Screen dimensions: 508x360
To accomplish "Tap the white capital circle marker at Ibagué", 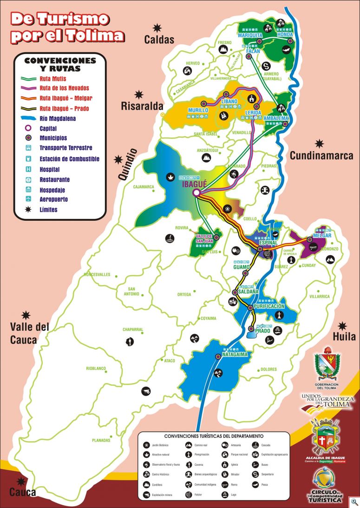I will click(x=196, y=192).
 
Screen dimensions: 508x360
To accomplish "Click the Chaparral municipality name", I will click(x=132, y=330).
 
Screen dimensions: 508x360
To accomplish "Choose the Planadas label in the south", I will click(x=101, y=440).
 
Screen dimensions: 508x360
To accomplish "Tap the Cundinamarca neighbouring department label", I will click(x=321, y=156).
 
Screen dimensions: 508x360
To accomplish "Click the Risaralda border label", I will click(x=140, y=106).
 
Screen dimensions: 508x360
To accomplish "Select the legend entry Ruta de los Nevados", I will click(x=64, y=88).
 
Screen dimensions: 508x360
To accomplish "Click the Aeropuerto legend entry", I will click(x=53, y=199).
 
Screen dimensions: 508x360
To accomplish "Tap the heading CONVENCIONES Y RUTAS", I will click(x=60, y=64).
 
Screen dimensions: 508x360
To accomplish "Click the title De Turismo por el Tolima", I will click(x=67, y=27).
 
